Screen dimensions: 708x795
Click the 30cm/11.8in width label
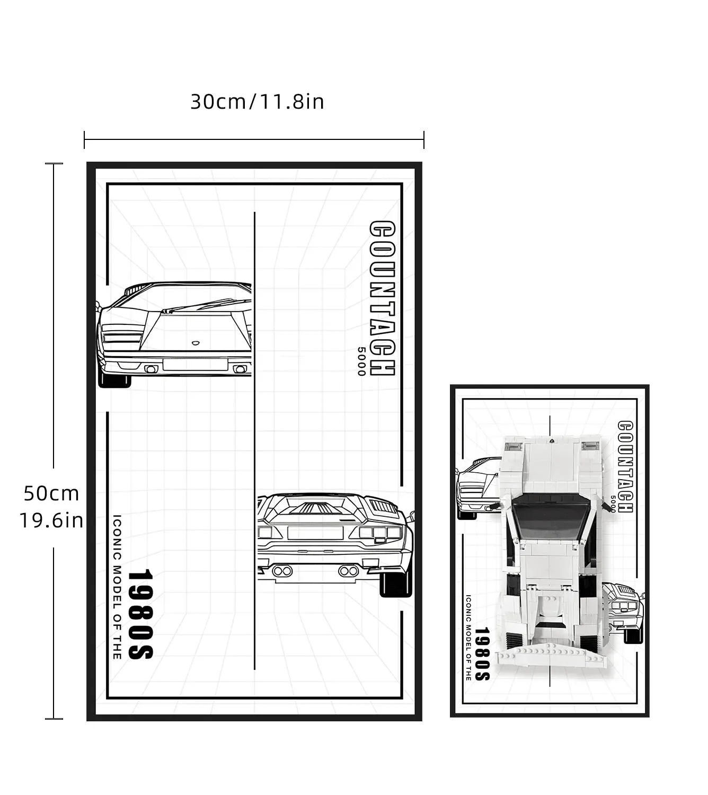(x=257, y=102)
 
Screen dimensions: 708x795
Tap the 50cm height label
(x=51, y=493)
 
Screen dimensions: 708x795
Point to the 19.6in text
(x=51, y=521)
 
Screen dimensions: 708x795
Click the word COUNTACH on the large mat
(x=382, y=298)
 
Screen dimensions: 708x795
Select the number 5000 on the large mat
(x=361, y=361)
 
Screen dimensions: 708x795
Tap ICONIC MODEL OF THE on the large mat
(x=117, y=587)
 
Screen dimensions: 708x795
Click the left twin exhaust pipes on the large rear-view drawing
(x=282, y=571)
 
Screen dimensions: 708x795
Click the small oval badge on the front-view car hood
(x=196, y=343)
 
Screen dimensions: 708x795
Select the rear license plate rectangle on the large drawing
(x=315, y=533)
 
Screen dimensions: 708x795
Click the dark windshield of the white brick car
(x=551, y=516)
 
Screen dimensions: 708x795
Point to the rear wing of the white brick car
(x=552, y=657)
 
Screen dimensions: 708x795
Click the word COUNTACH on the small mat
(x=625, y=466)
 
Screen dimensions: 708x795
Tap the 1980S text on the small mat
(x=482, y=653)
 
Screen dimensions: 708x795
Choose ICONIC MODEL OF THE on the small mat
(x=468, y=638)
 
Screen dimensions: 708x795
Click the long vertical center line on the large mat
(x=255, y=440)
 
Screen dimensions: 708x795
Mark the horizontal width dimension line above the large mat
(x=254, y=139)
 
